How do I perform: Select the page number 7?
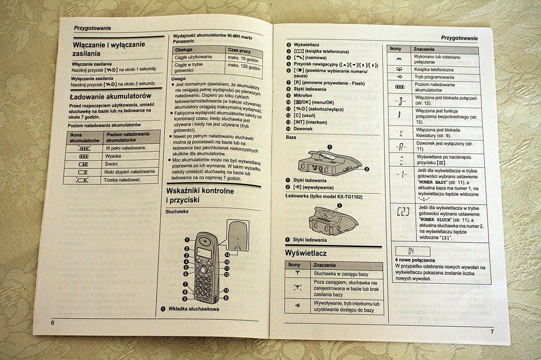point(492,331)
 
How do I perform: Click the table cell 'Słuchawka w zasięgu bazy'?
point(344,274)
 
